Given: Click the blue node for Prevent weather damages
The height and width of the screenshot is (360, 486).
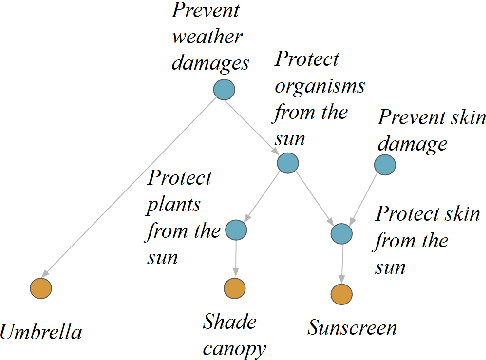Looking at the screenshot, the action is [224, 91].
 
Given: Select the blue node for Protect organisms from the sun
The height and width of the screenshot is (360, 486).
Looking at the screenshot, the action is [288, 163].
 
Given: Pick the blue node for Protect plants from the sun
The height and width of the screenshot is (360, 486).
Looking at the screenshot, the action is [237, 230].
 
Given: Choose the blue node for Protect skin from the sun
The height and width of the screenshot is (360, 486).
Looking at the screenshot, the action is [342, 234].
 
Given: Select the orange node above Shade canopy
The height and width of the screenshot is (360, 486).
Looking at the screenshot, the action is [235, 291].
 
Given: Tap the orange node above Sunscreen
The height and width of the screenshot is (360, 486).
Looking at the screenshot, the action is [341, 295].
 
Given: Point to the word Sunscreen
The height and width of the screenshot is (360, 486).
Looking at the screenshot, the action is [353, 328].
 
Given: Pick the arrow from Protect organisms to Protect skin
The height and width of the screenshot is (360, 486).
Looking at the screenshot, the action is [315, 199].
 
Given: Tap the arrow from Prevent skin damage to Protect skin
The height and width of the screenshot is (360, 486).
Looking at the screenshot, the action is [364, 198].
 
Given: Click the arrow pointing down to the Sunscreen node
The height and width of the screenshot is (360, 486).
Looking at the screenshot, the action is [342, 264].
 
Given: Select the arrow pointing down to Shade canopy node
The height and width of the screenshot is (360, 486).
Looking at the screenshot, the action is [236, 260].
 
